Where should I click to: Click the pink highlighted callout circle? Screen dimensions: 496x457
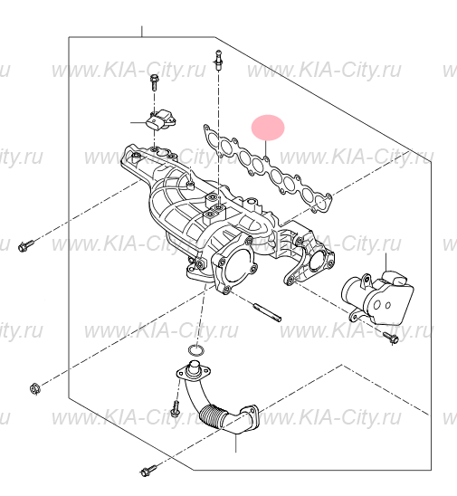268,128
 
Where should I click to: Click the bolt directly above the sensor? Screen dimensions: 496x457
152,84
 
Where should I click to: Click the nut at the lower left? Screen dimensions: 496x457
33,389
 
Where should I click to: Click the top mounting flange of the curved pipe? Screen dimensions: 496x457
188,370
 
